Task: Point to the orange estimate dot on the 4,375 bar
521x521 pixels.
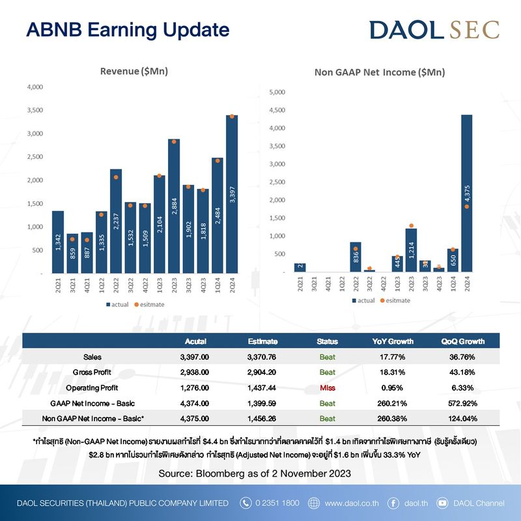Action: [x=466, y=206]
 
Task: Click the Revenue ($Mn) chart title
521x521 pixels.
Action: [x=134, y=72]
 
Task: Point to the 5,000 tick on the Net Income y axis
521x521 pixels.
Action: [x=277, y=92]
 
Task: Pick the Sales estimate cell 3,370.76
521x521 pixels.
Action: [x=264, y=358]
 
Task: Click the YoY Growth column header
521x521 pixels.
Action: [x=393, y=342]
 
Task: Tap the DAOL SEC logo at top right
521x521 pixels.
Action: [x=434, y=29]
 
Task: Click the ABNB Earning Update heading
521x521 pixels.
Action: [x=128, y=30]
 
